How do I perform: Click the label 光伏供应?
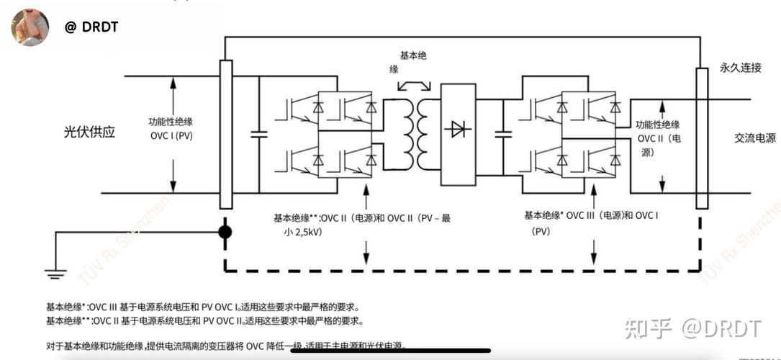pyautogui.click(x=89, y=132)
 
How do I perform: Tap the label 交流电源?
pyautogui.click(x=755, y=138)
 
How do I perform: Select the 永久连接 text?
pyautogui.click(x=740, y=68)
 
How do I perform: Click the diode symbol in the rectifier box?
pyautogui.click(x=458, y=130)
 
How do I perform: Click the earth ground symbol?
pyautogui.click(x=55, y=273)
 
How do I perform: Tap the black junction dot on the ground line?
pyautogui.click(x=225, y=233)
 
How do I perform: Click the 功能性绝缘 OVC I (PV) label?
pyautogui.click(x=171, y=128)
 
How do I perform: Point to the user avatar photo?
pyautogui.click(x=30, y=27)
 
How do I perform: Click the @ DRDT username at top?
pyautogui.click(x=91, y=27)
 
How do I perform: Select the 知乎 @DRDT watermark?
pyautogui.click(x=692, y=328)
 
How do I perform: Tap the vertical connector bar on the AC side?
pyautogui.click(x=701, y=138)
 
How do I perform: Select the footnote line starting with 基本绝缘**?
pyautogui.click(x=204, y=320)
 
